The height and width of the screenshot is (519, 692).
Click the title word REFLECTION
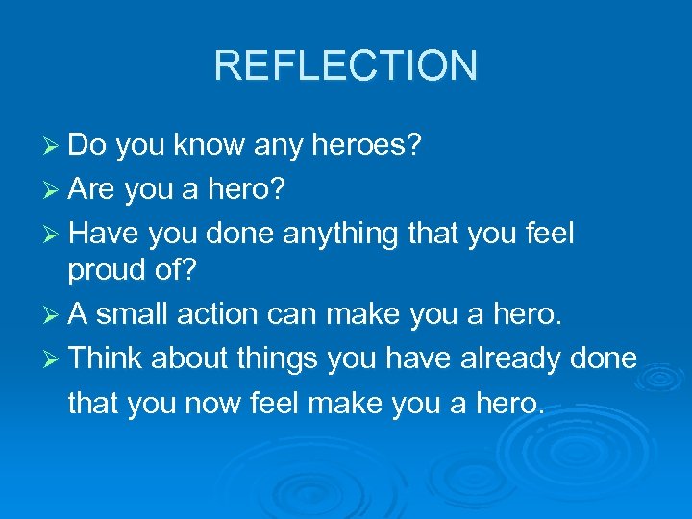345,66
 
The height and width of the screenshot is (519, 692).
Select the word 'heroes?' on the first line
373,146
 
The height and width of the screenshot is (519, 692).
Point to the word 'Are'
94,189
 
